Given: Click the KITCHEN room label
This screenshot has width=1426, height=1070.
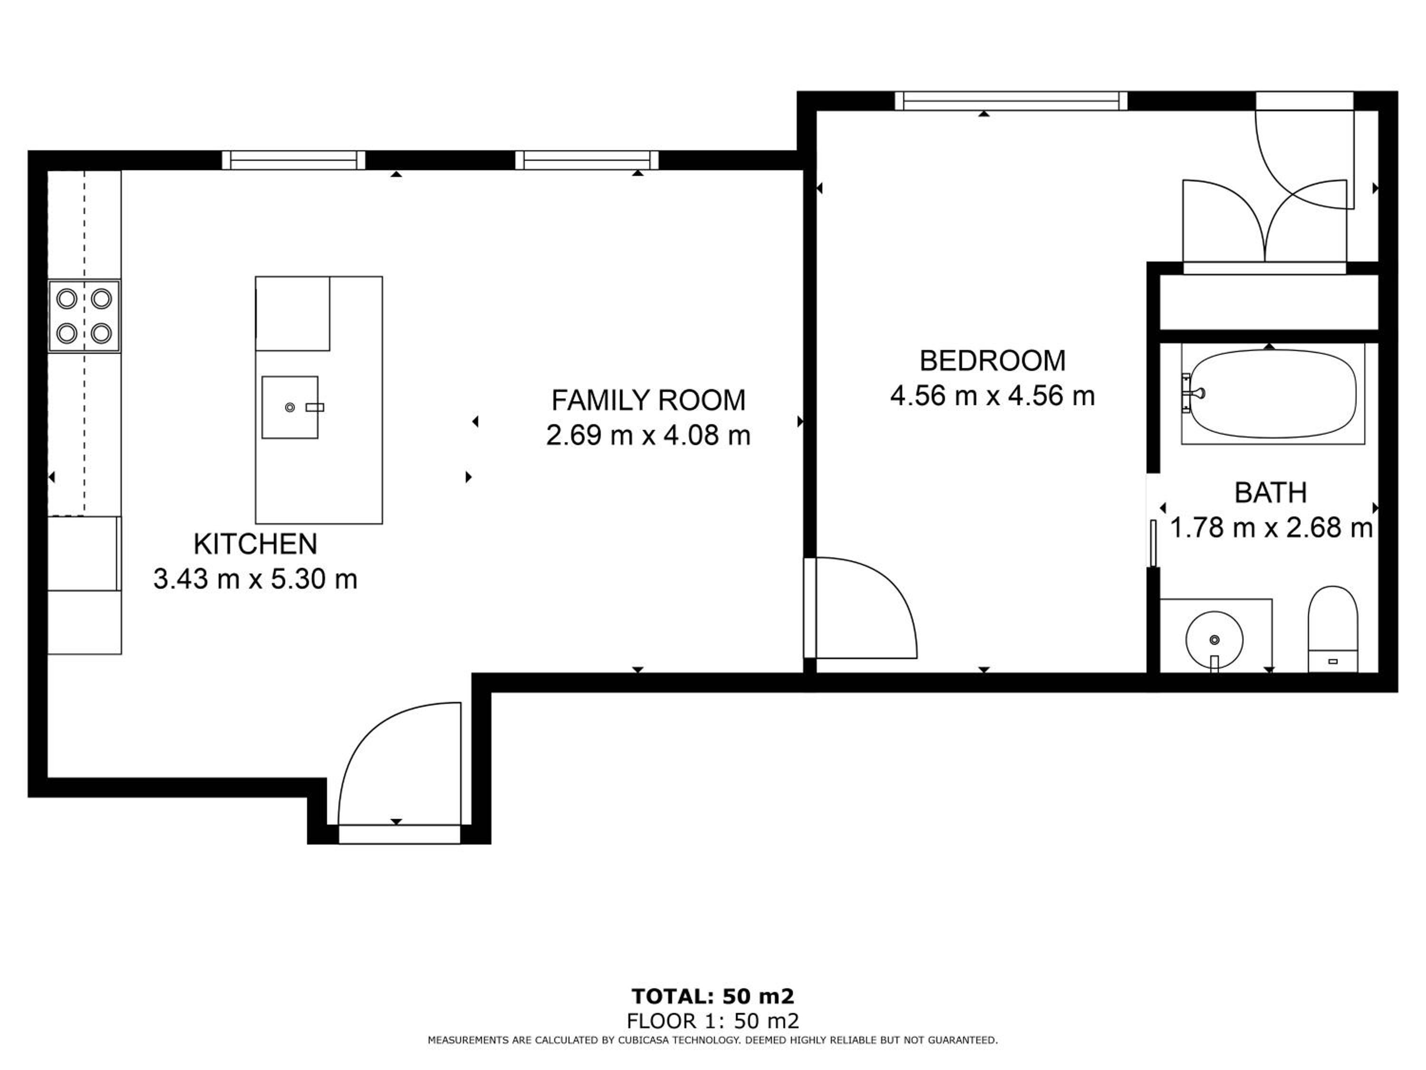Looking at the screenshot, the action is pos(255,545).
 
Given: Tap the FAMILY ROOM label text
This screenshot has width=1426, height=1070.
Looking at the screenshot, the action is pos(648,400).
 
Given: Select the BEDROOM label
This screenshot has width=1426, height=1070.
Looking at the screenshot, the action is pos(992,360).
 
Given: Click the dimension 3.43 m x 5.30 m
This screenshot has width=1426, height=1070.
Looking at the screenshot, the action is pos(255,579).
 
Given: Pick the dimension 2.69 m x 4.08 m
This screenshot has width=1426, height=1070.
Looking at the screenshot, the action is pos(648,435).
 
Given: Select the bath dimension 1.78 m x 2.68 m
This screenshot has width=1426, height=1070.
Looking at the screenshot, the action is pos(1271,528).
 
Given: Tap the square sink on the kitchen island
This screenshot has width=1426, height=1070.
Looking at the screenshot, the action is pos(290,408).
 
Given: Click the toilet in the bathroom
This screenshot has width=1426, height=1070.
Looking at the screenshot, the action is pos(1332,630).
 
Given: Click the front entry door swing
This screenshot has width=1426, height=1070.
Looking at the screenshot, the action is pos(400,764).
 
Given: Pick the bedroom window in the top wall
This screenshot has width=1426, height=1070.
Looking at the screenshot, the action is pos(1011,101).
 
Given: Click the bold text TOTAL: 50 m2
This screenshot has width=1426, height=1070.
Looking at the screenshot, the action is pos(713,996).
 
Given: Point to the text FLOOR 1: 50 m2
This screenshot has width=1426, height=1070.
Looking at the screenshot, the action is pos(713,1021).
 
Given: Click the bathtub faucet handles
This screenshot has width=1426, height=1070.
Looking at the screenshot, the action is pos(1191,393).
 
